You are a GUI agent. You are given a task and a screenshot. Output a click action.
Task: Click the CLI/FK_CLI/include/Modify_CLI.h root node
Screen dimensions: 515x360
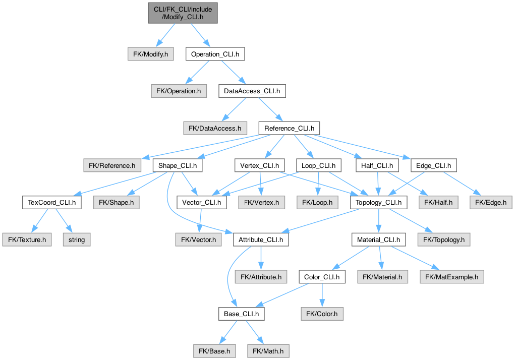(183, 13)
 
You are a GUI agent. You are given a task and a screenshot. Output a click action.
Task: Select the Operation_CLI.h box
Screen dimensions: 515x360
(215, 54)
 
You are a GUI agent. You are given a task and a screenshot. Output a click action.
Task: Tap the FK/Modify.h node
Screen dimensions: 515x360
(151, 54)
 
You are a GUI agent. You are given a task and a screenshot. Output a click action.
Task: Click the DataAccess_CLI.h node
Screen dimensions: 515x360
(252, 91)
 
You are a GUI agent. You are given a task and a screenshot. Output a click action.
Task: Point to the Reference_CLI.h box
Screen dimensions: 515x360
(290, 128)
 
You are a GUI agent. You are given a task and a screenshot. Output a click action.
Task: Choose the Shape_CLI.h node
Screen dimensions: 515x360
(178, 166)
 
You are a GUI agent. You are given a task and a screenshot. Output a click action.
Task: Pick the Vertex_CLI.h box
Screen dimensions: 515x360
(259, 166)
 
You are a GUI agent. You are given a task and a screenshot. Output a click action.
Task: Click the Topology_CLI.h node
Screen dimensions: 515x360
(379, 203)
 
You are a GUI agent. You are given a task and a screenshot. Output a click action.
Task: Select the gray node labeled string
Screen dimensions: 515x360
(77, 240)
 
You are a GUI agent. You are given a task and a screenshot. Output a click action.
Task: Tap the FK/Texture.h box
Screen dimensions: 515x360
(27, 240)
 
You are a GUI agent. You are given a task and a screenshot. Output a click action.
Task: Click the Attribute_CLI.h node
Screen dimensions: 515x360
(261, 240)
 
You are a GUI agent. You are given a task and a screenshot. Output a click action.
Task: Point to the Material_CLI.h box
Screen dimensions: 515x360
(379, 240)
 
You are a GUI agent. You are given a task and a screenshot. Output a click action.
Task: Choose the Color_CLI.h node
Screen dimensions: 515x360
(322, 277)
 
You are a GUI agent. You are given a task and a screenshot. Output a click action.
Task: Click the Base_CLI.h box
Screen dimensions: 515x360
(242, 314)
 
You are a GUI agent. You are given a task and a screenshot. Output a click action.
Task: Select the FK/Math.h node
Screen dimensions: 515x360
(268, 351)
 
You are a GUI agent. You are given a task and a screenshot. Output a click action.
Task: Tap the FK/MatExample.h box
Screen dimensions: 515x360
(451, 277)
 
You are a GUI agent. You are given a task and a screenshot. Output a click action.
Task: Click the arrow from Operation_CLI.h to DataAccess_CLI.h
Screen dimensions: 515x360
(234, 73)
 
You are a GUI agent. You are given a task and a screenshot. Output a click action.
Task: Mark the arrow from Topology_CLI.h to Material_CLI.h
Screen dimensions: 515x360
(379, 221)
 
